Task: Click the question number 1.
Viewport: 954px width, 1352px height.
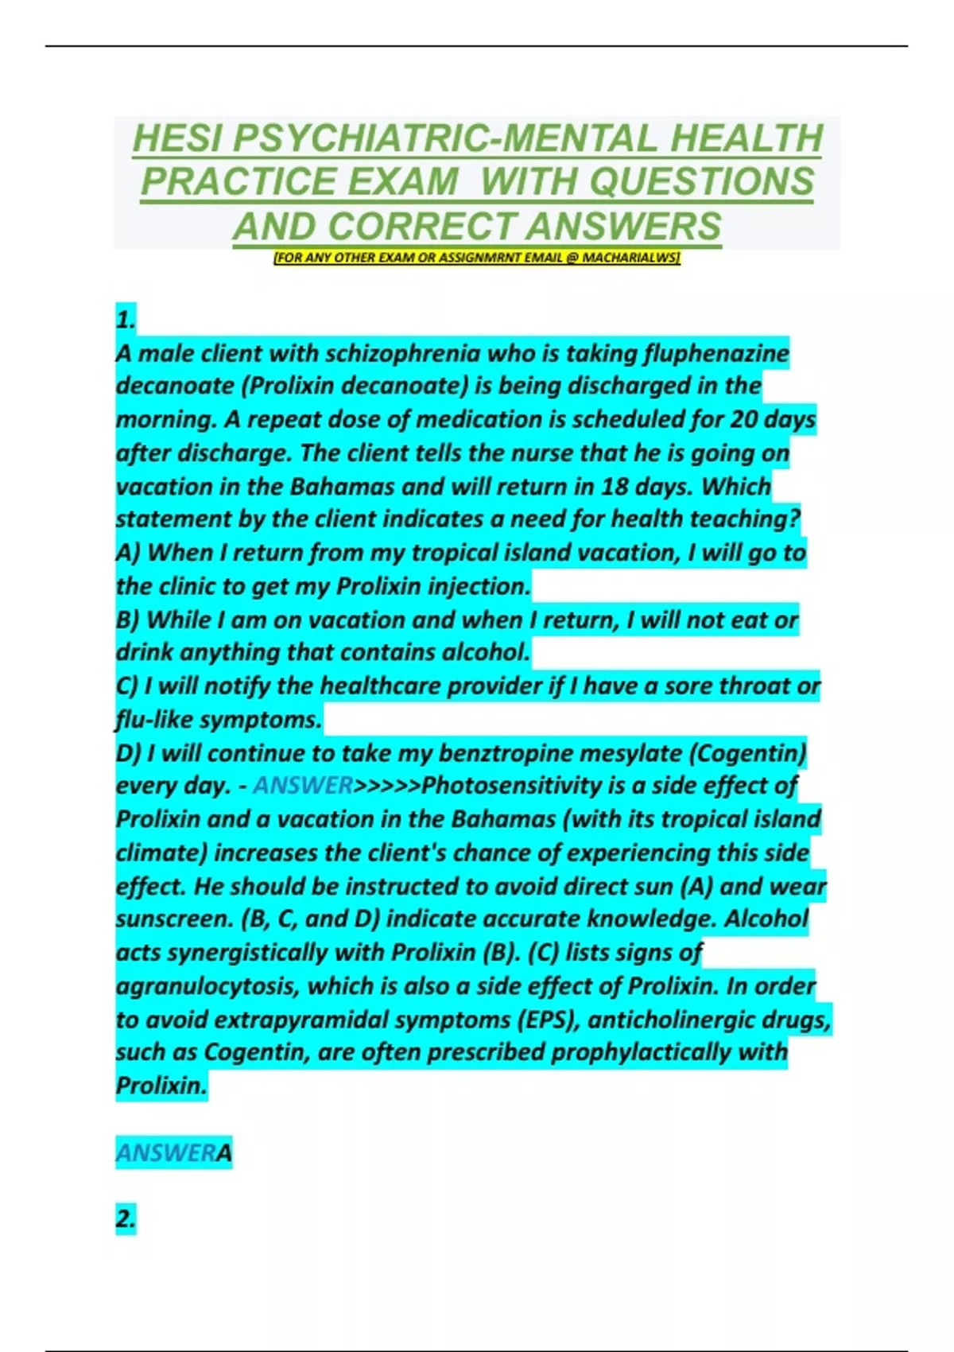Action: (126, 320)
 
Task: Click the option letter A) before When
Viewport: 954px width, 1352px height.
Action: (128, 553)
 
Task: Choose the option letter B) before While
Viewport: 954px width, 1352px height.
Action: (128, 620)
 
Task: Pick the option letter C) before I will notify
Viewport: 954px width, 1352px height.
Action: (127, 686)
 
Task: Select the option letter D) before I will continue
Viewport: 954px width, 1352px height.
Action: (128, 753)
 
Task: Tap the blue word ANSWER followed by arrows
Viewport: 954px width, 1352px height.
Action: (303, 786)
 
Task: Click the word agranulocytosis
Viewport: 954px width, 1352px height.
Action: (207, 986)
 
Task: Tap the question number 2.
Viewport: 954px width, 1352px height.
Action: (126, 1219)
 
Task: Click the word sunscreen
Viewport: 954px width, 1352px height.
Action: (174, 919)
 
